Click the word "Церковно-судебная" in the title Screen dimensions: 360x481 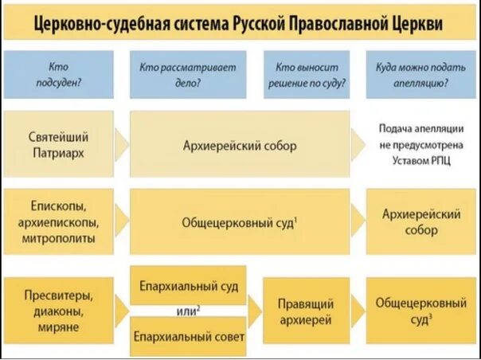[87, 25]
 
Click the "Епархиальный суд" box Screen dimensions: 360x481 [188, 284]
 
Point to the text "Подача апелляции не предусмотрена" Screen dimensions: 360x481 [420, 136]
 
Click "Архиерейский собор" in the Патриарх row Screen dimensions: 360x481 [238, 145]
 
